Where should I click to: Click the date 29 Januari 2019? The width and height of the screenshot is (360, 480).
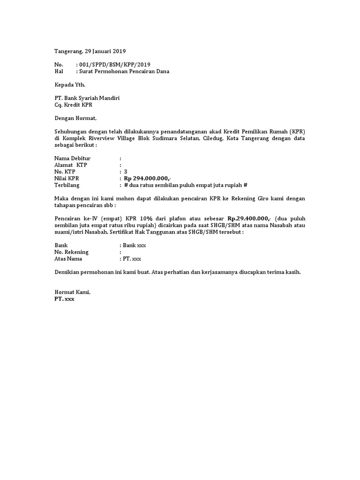pos(105,51)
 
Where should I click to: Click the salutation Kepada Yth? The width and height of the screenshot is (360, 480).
pos(70,85)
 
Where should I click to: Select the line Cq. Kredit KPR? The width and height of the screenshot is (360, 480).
pos(74,105)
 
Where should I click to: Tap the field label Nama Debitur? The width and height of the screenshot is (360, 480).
pos(72,158)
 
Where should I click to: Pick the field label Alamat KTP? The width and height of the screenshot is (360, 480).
pos(71,165)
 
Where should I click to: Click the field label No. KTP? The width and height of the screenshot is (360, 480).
pos(65,172)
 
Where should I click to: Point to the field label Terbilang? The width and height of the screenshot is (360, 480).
pos(67,185)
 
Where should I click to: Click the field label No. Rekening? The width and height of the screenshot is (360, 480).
pos(72,252)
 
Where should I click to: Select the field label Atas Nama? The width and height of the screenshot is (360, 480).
pos(68,258)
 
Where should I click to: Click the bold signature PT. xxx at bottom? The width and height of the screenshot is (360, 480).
pos(64,299)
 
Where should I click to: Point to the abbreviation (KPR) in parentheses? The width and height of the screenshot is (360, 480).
pos(297,132)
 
